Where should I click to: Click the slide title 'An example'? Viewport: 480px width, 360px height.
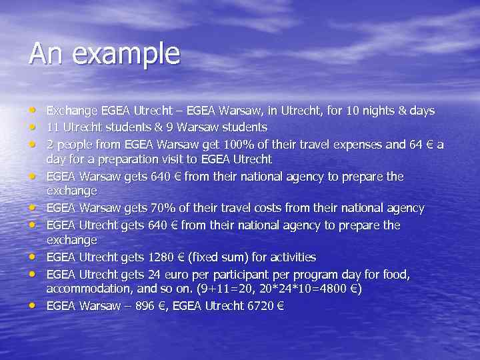(x=104, y=54)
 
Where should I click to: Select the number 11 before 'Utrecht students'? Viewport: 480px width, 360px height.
(x=53, y=127)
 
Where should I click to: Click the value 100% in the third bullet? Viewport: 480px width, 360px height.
(x=241, y=144)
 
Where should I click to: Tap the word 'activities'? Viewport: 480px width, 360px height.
(x=290, y=257)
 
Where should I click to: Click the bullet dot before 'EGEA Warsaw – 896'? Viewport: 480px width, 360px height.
(x=33, y=307)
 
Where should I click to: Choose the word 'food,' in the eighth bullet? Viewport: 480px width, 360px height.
(x=395, y=274)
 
